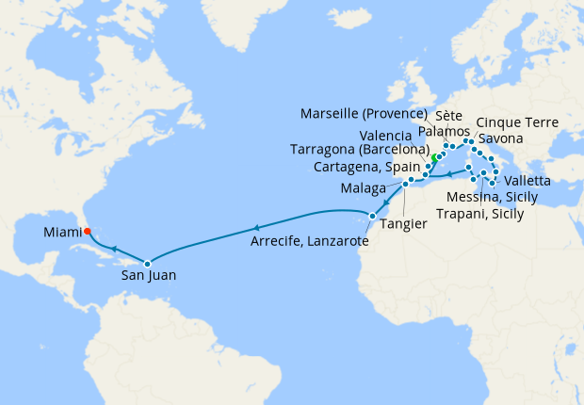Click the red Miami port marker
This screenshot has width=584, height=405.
point(84,229)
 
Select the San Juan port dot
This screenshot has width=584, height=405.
point(147,263)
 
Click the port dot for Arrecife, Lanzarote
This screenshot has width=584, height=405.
point(372,217)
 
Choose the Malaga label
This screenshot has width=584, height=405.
point(363,188)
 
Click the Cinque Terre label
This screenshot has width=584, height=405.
point(518,122)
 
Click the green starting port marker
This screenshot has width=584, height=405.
point(434,157)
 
